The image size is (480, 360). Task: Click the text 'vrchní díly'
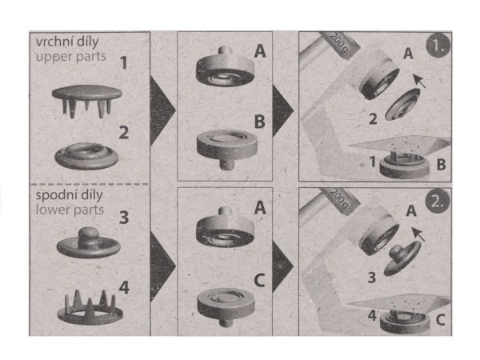[x=67, y=42]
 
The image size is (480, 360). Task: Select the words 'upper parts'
[x=70, y=57]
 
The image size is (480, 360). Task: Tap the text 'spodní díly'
[x=69, y=195]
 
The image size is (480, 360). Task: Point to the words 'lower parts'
[x=70, y=210]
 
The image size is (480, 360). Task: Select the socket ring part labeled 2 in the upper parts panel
[x=86, y=155]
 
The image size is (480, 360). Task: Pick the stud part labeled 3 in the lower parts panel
[x=89, y=242]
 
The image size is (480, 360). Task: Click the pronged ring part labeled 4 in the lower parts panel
[x=90, y=308]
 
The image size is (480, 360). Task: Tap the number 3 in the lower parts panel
[x=124, y=218]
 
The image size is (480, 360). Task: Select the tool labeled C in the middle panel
[x=226, y=306]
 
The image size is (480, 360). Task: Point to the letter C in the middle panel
[x=259, y=280]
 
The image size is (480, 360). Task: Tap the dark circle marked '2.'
[x=438, y=202]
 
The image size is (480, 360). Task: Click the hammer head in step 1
[x=339, y=45]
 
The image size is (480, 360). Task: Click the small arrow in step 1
[x=419, y=81]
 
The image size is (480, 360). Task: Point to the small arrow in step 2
[x=418, y=234]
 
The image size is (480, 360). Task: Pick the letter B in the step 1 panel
[x=441, y=165]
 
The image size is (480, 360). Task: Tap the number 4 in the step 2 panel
[x=372, y=315]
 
